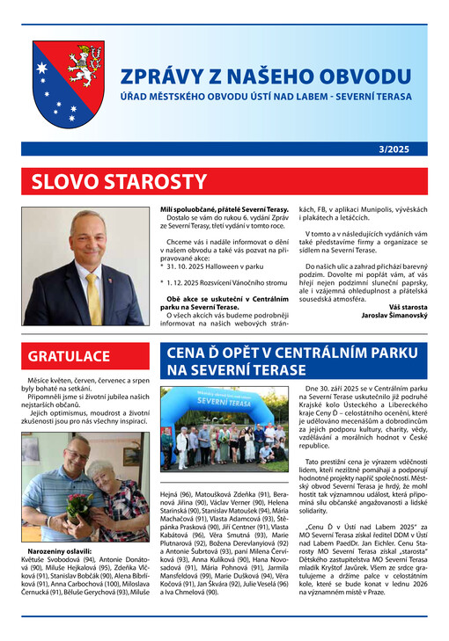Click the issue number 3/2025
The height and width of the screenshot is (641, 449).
pos(403,152)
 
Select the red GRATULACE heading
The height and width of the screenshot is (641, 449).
pos(74,357)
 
